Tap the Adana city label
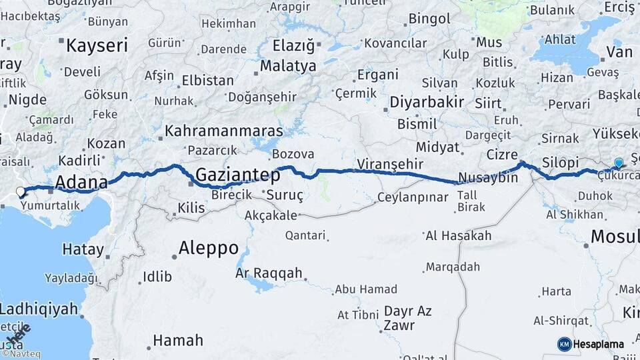(x=81, y=182)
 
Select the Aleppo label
(x=209, y=248)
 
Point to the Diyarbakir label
(x=426, y=102)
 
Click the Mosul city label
(x=615, y=236)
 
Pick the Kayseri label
(x=97, y=45)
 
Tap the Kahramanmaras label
(x=223, y=131)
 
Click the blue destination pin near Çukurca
(x=619, y=163)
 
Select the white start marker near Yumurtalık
(x=21, y=192)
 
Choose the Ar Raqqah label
(x=269, y=273)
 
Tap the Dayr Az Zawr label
(x=407, y=318)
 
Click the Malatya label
(x=288, y=66)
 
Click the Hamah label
(x=177, y=340)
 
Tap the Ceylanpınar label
(x=413, y=197)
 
